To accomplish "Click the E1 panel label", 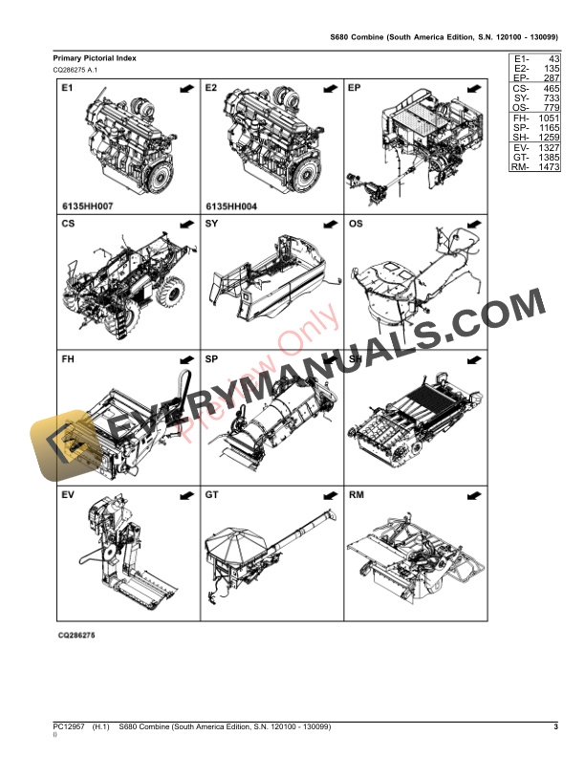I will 67,88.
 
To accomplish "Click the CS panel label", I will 68,225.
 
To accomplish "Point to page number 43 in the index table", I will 551,59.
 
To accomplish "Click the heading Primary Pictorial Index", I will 95,58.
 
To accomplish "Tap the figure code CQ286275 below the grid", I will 77,636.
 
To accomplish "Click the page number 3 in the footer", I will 555,728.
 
